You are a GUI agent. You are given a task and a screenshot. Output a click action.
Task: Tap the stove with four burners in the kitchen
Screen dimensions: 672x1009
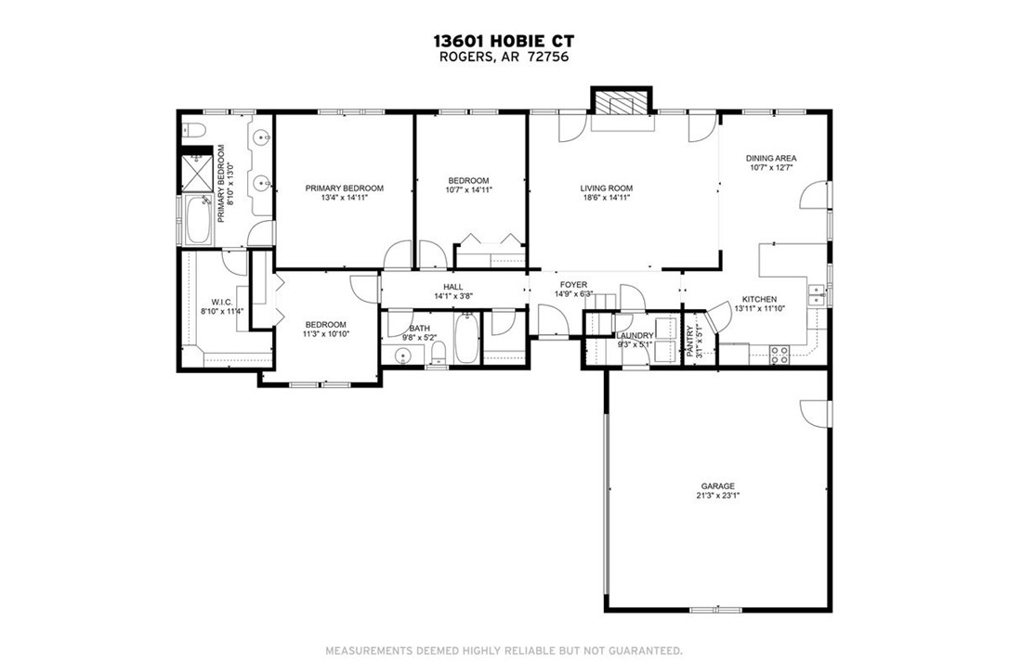tap(780, 353)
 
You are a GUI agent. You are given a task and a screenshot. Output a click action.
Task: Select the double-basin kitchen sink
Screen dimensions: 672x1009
tap(818, 294)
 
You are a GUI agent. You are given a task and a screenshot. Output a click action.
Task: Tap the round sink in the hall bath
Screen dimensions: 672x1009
tap(403, 355)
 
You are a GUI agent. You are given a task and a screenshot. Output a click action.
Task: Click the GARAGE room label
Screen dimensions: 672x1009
tap(718, 485)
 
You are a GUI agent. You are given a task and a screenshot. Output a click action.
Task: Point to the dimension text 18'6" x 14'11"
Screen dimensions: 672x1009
tap(607, 198)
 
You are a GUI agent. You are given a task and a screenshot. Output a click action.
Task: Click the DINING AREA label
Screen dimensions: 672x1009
tap(771, 158)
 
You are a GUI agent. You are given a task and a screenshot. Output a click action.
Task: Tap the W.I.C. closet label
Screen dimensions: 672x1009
tap(221, 302)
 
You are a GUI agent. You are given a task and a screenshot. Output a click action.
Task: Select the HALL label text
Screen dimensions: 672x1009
tap(452, 287)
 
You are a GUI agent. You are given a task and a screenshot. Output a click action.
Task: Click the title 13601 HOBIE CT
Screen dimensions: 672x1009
tap(504, 41)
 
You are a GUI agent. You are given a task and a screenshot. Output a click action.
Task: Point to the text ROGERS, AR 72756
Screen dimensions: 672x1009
tap(504, 57)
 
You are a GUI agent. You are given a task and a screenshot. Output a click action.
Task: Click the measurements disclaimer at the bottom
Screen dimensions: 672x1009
tap(504, 650)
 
